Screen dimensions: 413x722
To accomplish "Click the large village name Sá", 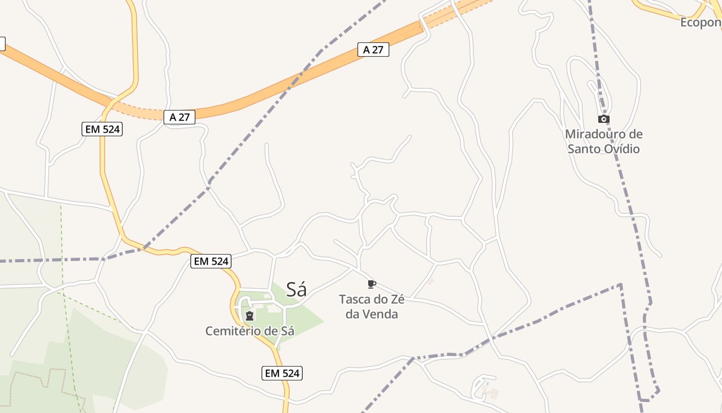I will [x=297, y=290].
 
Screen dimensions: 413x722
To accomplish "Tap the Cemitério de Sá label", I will [x=250, y=331].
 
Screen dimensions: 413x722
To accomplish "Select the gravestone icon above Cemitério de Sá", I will [x=250, y=316].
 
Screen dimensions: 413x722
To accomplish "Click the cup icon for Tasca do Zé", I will [x=371, y=284].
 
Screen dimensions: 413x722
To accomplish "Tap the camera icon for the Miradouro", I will [x=603, y=119].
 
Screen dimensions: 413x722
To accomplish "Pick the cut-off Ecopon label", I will [x=700, y=22].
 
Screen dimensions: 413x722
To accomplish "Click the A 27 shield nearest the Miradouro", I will [x=373, y=50].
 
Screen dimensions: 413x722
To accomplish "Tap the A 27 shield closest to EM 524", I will [x=179, y=117].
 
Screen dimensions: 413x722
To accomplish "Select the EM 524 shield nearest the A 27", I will [x=102, y=129].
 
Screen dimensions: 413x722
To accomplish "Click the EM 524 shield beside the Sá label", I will [x=210, y=261].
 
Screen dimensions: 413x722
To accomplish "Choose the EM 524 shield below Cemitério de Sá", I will [x=282, y=373].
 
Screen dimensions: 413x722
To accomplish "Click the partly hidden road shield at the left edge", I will [x=2, y=44].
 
